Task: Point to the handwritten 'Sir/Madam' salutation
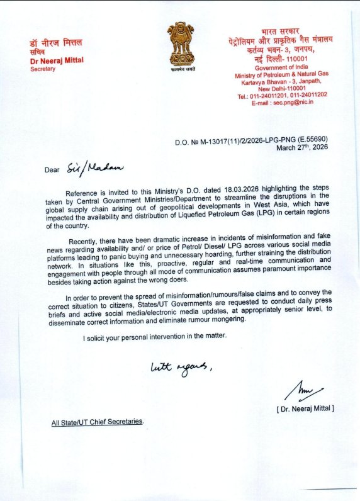point(96,167)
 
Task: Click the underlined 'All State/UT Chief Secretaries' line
point(98,422)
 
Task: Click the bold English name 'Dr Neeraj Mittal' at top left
point(57,62)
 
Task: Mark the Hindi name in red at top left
point(55,43)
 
